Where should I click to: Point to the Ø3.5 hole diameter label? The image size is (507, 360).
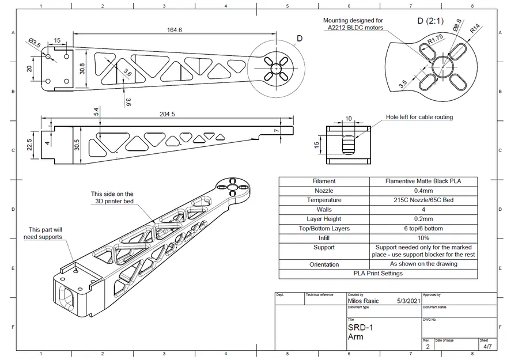(x=35, y=43)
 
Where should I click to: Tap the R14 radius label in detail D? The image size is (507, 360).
(x=475, y=28)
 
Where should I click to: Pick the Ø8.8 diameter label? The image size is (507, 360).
(x=457, y=26)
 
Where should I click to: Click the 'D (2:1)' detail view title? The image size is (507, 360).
(x=430, y=21)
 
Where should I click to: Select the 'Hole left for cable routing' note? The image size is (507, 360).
(x=419, y=117)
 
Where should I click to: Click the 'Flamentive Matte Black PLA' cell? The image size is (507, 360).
(x=423, y=181)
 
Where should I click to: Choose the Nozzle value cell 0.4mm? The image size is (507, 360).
(x=423, y=191)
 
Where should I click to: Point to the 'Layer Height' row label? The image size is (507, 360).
(x=324, y=219)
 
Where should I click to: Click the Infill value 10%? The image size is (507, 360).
(x=423, y=237)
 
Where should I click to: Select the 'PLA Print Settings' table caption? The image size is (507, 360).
(x=378, y=273)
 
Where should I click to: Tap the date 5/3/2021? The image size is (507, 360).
(x=408, y=301)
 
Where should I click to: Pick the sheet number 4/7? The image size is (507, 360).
(x=487, y=347)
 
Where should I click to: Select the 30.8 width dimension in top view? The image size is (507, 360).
(x=82, y=69)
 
